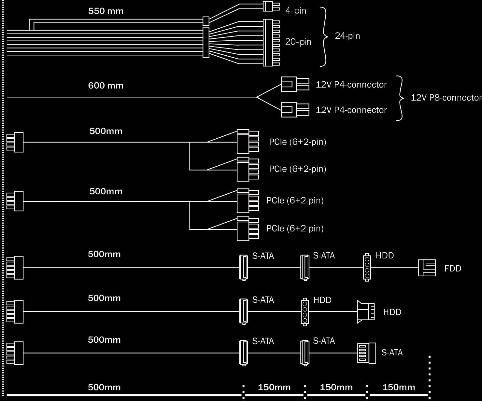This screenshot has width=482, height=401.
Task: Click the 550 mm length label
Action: coord(106,11)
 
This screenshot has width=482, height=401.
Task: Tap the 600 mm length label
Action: coord(106,86)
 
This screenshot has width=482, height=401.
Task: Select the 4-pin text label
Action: coord(296,11)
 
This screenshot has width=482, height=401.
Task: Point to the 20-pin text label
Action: coord(298,42)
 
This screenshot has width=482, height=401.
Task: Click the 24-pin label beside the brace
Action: coord(347,36)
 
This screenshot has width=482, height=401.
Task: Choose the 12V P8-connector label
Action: coord(446,98)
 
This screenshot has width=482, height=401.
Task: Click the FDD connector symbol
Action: coord(427,268)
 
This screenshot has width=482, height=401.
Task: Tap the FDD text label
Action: coord(453,269)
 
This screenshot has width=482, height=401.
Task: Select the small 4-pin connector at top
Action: coord(272,7)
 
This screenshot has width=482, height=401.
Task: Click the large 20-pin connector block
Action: coord(272,43)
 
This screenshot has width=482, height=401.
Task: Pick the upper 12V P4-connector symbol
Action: coord(295,84)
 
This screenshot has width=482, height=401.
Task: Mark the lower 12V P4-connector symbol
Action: coord(295,110)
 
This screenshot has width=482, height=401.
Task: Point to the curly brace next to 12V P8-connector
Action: coord(402,98)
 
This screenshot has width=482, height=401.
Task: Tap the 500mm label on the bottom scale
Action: coord(104,387)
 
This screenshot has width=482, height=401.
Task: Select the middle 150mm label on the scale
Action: coord(336,387)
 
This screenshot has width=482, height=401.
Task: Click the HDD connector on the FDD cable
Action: coord(367,268)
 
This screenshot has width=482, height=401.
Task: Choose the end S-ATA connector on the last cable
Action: coord(367,353)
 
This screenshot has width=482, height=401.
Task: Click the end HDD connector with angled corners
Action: coord(366,312)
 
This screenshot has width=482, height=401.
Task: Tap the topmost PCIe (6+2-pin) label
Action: coord(298,142)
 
